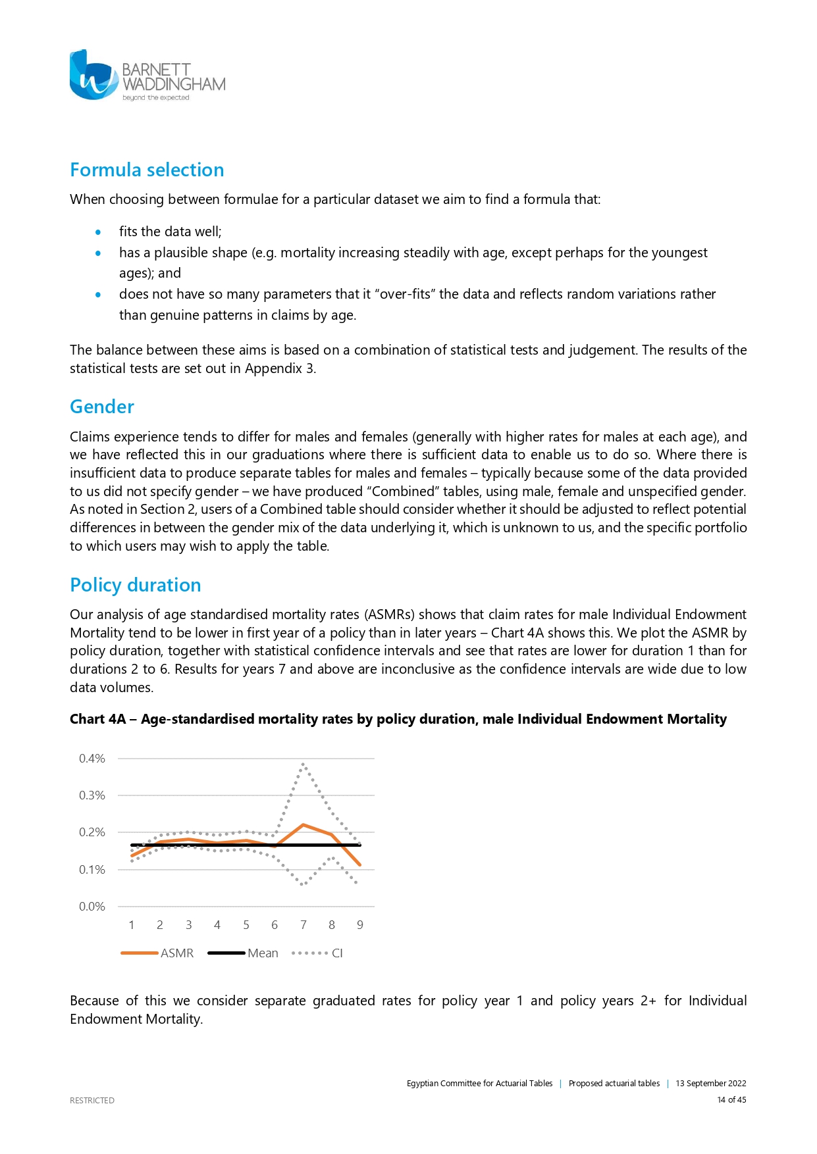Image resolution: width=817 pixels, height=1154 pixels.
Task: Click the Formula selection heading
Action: pyautogui.click(x=147, y=170)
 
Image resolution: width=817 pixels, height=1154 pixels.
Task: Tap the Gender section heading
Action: pyautogui.click(x=102, y=407)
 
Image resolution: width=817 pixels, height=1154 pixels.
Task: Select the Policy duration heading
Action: pyautogui.click(x=136, y=586)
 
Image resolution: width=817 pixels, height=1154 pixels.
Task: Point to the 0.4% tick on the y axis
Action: pyautogui.click(x=92, y=759)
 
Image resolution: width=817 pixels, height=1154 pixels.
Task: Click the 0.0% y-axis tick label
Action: pyautogui.click(x=92, y=907)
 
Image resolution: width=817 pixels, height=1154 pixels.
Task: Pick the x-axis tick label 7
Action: pyautogui.click(x=303, y=925)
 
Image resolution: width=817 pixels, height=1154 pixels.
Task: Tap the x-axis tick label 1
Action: pyautogui.click(x=132, y=925)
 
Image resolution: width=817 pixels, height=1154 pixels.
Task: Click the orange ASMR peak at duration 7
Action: pyautogui.click(x=303, y=824)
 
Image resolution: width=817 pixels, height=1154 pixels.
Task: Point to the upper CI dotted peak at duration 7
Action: pyautogui.click(x=303, y=765)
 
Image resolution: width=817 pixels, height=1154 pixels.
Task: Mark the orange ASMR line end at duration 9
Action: pyautogui.click(x=360, y=865)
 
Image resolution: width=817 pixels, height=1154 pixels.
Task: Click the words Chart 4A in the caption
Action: pyautogui.click(x=97, y=719)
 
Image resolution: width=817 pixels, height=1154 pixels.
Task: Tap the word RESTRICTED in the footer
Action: pyautogui.click(x=92, y=1101)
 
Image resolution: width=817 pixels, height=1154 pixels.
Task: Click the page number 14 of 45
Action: pyautogui.click(x=731, y=1100)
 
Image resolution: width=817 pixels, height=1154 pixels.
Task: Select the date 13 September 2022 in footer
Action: pyautogui.click(x=711, y=1084)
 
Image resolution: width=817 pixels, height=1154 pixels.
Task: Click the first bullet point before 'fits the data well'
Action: pyautogui.click(x=98, y=232)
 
